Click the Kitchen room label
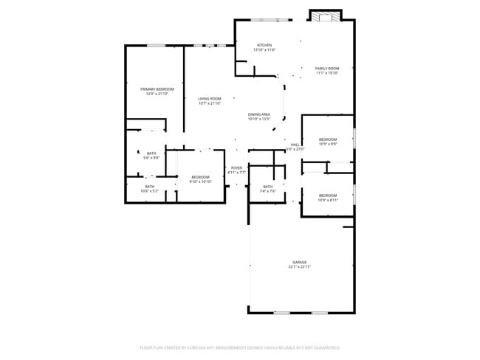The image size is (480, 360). coord(264,45)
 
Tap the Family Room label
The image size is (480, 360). coord(327,68)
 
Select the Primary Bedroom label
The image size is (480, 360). coord(152,89)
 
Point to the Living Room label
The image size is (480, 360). coord(210,99)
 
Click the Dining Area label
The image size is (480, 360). coord(258,114)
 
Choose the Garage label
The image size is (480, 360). coord(299,262)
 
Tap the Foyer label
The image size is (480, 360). coord(236,167)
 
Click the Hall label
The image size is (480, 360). coord(295,144)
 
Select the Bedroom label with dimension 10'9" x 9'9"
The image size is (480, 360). coord(327,139)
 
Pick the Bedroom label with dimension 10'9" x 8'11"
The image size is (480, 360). coord(327,195)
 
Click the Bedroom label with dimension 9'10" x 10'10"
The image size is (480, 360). coord(201,176)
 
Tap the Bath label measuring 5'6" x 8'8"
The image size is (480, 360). coord(151,153)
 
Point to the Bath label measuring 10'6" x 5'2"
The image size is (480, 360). coord(150,187)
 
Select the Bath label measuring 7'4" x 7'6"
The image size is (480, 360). coord(267,187)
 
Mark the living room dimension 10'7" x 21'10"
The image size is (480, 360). coord(210,103)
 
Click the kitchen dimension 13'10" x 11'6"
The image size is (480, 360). coord(264,49)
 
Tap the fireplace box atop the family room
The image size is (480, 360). coord(325,16)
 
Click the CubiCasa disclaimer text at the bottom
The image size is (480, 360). coord(239,347)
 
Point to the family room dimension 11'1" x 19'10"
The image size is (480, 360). coord(327,72)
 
